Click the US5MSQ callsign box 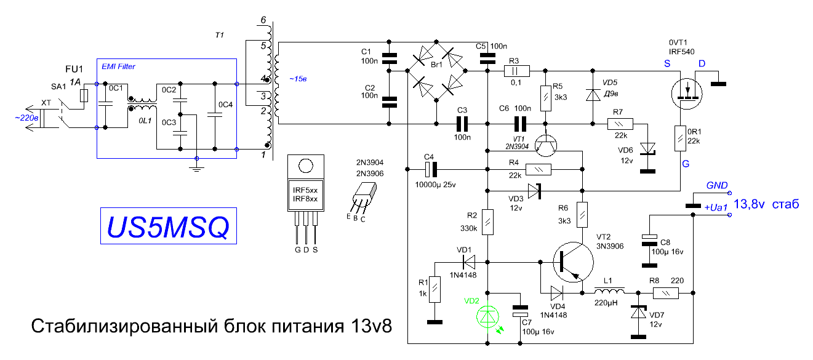(169, 226)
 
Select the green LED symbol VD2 (487, 317)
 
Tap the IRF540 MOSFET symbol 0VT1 (687, 94)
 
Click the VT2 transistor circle (574, 262)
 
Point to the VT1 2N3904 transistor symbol (545, 145)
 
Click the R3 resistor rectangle (517, 71)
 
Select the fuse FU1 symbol (84, 96)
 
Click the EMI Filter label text (118, 66)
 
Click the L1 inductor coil (609, 290)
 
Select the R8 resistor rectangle (666, 293)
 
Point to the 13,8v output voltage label (749, 204)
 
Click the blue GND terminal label (717, 185)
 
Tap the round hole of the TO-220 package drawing (306, 166)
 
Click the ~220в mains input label (26, 118)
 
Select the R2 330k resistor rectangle (487, 222)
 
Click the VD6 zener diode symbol (647, 150)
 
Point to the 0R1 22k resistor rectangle (680, 138)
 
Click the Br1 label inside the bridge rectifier (436, 65)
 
